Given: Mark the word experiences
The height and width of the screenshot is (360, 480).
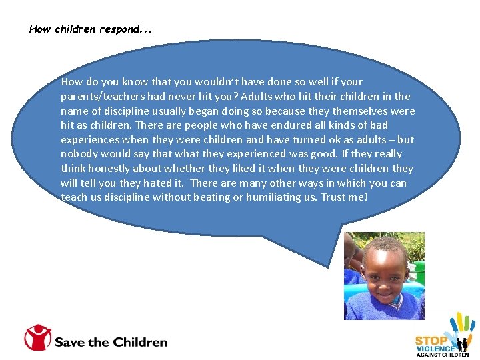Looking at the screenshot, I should click(91, 140).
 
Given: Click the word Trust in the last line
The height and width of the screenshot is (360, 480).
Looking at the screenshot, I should click(335, 197).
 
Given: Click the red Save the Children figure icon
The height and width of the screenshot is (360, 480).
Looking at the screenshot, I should click(38, 337).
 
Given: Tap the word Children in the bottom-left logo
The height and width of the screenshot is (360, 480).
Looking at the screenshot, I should click(140, 342).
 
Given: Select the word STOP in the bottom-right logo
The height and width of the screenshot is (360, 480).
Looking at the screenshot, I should click(431, 340).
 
